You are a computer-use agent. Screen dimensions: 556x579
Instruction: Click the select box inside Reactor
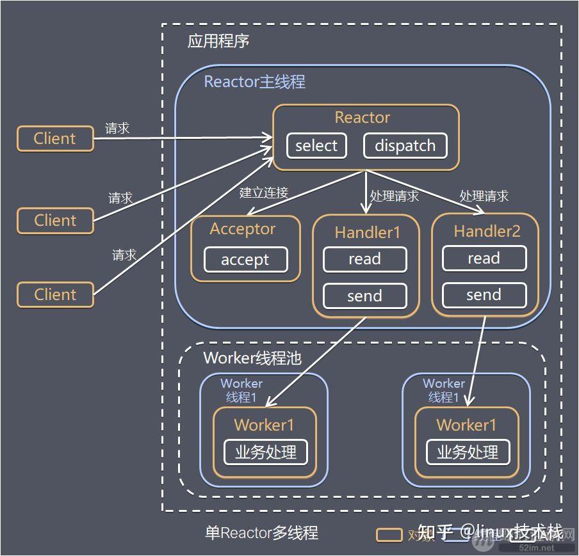click(x=316, y=146)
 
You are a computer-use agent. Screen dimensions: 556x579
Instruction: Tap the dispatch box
click(x=405, y=146)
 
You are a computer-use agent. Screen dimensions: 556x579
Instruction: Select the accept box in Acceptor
click(x=245, y=260)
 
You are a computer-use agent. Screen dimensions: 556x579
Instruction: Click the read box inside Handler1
click(x=364, y=259)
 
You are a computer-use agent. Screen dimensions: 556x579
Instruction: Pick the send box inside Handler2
click(x=484, y=295)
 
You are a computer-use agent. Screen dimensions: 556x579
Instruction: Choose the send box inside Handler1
click(x=364, y=296)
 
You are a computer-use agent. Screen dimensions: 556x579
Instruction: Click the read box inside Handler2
click(x=484, y=258)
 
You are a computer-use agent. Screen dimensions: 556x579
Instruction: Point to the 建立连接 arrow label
click(x=264, y=193)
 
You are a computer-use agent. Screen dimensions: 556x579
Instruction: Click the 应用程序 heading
click(x=218, y=42)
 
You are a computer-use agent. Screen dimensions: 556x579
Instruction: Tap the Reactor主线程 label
click(x=254, y=82)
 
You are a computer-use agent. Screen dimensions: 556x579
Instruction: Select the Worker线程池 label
click(x=252, y=358)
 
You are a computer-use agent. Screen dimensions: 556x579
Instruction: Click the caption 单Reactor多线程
click(x=261, y=533)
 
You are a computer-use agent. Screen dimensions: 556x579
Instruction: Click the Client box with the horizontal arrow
click(x=55, y=138)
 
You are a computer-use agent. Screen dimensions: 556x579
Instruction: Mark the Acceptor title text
click(x=243, y=229)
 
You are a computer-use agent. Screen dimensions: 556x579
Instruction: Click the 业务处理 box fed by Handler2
click(x=468, y=452)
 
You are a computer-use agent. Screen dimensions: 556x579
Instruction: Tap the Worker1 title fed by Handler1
click(x=264, y=425)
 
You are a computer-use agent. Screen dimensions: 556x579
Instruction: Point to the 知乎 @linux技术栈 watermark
click(x=490, y=532)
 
